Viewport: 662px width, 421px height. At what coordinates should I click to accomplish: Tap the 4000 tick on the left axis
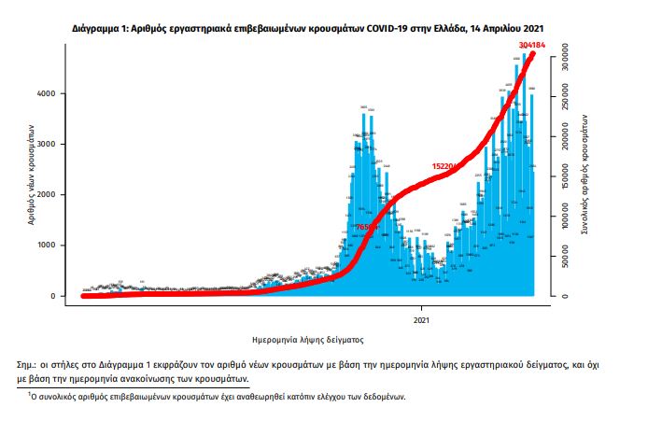pyautogui.click(x=57, y=94)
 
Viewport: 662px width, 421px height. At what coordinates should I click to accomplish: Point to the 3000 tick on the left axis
pyautogui.click(x=57, y=145)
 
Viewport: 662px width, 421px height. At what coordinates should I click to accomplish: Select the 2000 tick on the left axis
pyautogui.click(x=57, y=195)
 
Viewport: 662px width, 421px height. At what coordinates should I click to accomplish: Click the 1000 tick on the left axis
pyautogui.click(x=57, y=246)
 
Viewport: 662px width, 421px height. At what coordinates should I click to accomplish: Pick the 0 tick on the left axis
pyautogui.click(x=62, y=296)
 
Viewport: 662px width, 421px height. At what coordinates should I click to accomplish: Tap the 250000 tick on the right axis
pyautogui.click(x=564, y=97)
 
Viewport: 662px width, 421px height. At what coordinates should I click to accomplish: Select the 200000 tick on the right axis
pyautogui.click(x=564, y=137)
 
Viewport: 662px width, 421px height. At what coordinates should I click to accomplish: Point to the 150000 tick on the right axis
pyautogui.click(x=564, y=177)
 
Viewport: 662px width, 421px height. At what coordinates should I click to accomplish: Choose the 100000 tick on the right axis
pyautogui.click(x=564, y=218)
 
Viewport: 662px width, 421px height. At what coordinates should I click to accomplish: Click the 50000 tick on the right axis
pyautogui.click(x=564, y=257)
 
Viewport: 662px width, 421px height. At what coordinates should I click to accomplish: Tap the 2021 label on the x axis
pyautogui.click(x=421, y=320)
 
